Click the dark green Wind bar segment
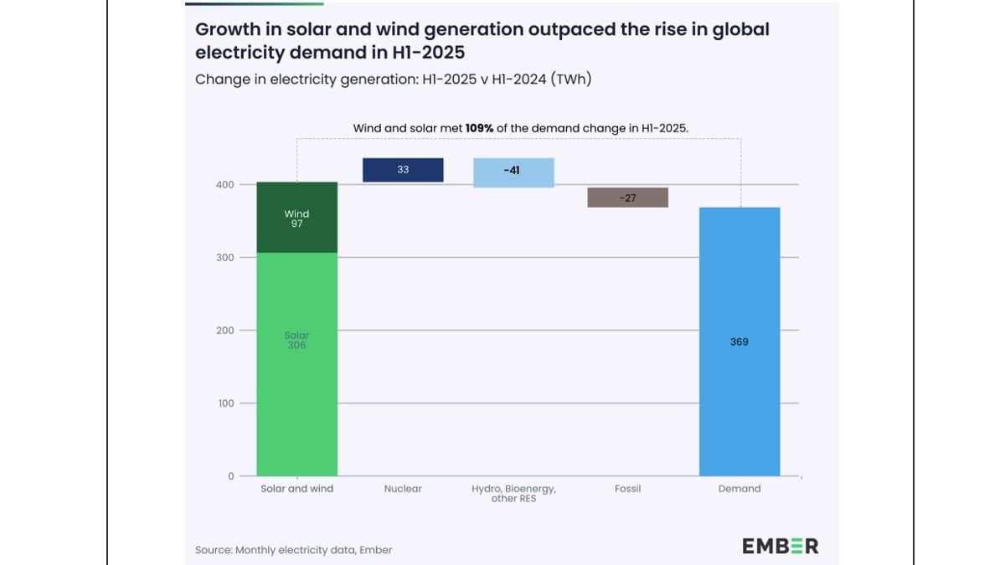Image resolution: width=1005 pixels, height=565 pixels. click(296, 218)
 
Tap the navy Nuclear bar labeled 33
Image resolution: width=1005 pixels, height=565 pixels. click(403, 170)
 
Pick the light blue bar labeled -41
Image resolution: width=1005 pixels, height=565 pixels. click(513, 172)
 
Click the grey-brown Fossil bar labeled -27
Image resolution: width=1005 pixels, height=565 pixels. click(627, 198)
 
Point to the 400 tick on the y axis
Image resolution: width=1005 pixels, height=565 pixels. click(224, 184)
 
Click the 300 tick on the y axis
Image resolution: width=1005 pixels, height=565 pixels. click(224, 257)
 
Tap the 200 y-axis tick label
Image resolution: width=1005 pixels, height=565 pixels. click(224, 331)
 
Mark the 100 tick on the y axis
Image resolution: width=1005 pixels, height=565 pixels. click(224, 403)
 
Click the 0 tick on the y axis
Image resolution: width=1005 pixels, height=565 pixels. click(230, 476)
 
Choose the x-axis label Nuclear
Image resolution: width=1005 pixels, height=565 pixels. click(403, 489)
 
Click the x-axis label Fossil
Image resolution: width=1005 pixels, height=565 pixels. click(627, 489)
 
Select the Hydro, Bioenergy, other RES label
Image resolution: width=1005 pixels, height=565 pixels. click(513, 494)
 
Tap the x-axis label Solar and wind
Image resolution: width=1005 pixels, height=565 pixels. click(296, 489)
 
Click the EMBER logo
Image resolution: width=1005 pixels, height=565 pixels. click(780, 547)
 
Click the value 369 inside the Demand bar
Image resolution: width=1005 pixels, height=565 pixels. click(739, 342)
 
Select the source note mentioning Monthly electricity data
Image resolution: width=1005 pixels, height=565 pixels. click(293, 550)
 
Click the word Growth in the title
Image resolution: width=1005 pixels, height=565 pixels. click(228, 30)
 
